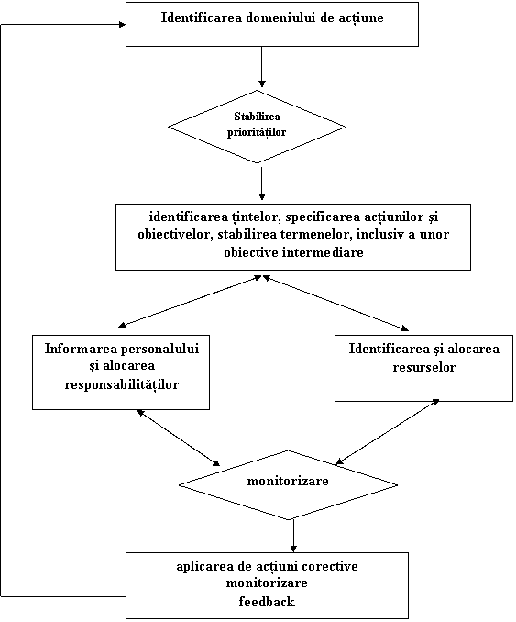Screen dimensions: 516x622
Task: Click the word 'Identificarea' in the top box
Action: (202, 17)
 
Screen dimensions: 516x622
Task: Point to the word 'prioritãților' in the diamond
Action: (257, 132)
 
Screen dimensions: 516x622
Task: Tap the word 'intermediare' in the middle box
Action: (323, 252)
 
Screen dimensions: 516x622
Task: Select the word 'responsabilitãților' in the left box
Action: (122, 384)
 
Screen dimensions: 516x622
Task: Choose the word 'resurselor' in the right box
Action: (423, 367)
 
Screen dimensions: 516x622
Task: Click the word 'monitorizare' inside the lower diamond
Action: (288, 481)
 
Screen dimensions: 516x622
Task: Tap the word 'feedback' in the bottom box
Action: (267, 602)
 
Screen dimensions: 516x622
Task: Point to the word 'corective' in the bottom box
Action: (330, 566)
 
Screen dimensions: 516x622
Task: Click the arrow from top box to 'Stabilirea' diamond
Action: (261, 67)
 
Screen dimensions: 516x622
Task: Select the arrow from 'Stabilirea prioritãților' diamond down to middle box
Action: (261, 183)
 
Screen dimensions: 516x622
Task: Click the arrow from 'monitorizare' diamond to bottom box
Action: (293, 536)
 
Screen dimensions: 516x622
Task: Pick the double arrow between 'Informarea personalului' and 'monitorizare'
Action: (179, 438)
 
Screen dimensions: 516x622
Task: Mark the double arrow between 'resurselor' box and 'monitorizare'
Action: (387, 431)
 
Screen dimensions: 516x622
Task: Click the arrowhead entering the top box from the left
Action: (122, 25)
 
